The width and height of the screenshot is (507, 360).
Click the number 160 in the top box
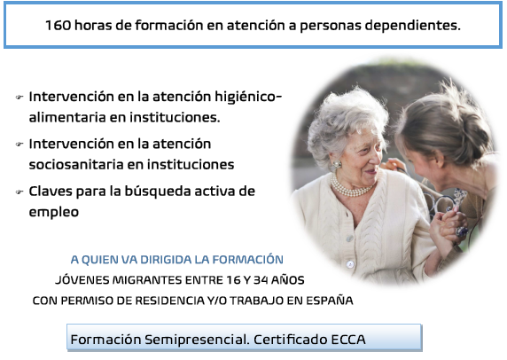tap(58, 26)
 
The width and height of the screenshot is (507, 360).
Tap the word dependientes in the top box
tap(412, 26)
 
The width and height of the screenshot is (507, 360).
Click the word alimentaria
tap(67, 117)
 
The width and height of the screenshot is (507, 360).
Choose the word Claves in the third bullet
tap(51, 192)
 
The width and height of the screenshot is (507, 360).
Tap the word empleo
tap(54, 213)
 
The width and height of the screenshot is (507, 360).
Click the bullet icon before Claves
tap(19, 192)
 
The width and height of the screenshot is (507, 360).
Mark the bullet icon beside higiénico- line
tap(19, 97)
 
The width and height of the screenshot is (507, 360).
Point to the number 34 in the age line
tap(261, 280)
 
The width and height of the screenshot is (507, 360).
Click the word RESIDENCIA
tap(170, 301)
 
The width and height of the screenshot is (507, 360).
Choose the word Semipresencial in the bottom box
tap(197, 340)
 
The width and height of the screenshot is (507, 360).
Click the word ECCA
tap(348, 340)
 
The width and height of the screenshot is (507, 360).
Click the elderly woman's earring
tap(337, 165)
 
